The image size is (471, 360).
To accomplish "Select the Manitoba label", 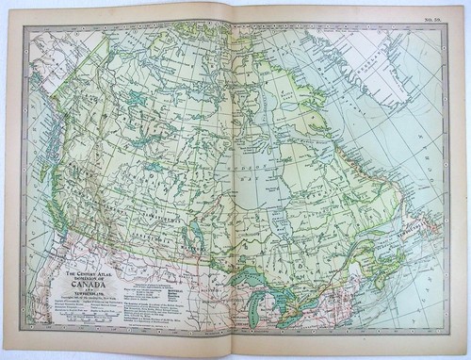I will tap(193, 253).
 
